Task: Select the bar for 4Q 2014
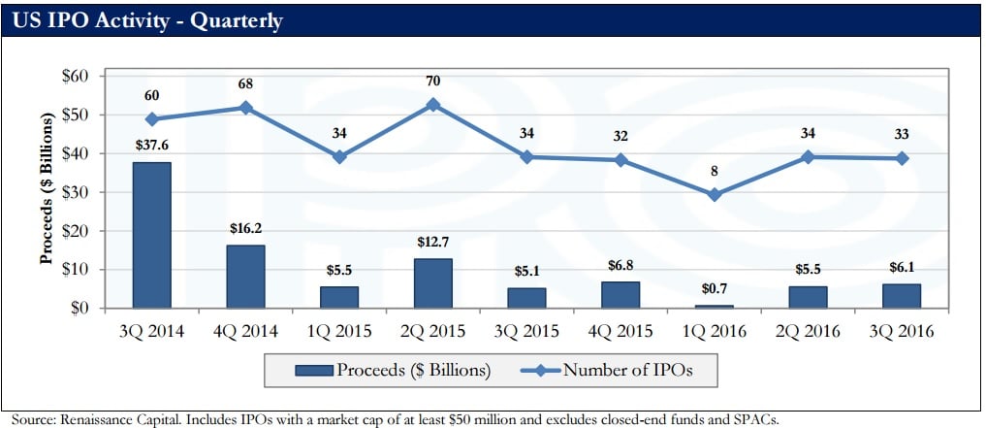tap(245, 277)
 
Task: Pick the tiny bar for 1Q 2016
tap(714, 306)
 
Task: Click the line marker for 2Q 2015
tap(432, 104)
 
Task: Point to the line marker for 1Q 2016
tap(714, 194)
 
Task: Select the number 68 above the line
tap(245, 84)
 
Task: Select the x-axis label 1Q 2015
tap(338, 332)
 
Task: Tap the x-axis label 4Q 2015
tap(620, 332)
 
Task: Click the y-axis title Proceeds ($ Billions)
tap(46, 191)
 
